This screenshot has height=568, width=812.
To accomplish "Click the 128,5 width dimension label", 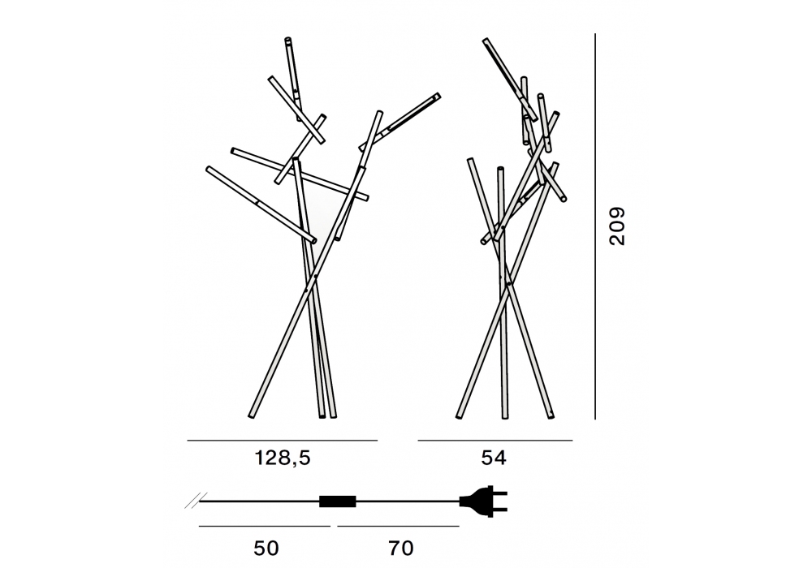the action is click(x=283, y=458).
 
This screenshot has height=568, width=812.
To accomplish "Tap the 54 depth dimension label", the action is click(x=494, y=458).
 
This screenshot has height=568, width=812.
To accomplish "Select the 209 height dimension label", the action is click(x=617, y=226).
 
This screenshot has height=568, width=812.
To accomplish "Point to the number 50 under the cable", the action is click(x=266, y=548).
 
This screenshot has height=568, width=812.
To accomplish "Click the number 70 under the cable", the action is click(x=401, y=548).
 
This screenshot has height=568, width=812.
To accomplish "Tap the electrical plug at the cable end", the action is click(x=483, y=500).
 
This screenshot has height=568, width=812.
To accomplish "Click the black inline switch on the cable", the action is click(x=338, y=501).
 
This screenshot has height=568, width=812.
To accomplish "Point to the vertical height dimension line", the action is click(x=595, y=226).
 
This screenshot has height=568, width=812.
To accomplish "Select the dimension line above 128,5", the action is click(x=283, y=441).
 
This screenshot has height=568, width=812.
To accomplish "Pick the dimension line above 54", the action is click(x=495, y=441).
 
